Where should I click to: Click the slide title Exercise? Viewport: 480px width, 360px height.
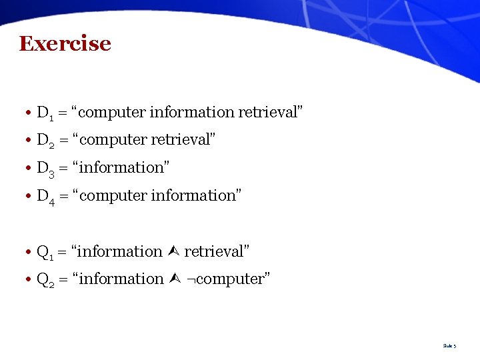pyautogui.click(x=65, y=43)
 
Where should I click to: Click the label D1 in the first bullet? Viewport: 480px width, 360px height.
pyautogui.click(x=45, y=113)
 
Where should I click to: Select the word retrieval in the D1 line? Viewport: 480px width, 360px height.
pyautogui.click(x=267, y=113)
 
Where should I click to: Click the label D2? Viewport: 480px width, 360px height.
pyautogui.click(x=46, y=141)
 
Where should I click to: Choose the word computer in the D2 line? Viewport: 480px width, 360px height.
pyautogui.click(x=115, y=141)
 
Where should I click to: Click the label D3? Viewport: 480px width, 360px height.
pyautogui.click(x=46, y=168)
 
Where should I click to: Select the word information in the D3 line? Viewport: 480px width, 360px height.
pyautogui.click(x=123, y=168)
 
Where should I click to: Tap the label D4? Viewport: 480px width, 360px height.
pyautogui.click(x=46, y=196)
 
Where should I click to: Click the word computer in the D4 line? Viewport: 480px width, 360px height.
pyautogui.click(x=115, y=196)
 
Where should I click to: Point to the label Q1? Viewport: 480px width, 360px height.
pyautogui.click(x=45, y=252)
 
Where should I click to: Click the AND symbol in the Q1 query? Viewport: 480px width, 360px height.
pyautogui.click(x=173, y=251)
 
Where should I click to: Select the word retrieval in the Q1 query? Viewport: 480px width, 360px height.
pyautogui.click(x=215, y=252)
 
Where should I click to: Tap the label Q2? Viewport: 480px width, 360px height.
pyautogui.click(x=46, y=279)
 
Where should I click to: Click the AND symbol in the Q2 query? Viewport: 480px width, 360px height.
pyautogui.click(x=173, y=279)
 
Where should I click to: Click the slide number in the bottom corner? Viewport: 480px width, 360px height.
pyautogui.click(x=449, y=346)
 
